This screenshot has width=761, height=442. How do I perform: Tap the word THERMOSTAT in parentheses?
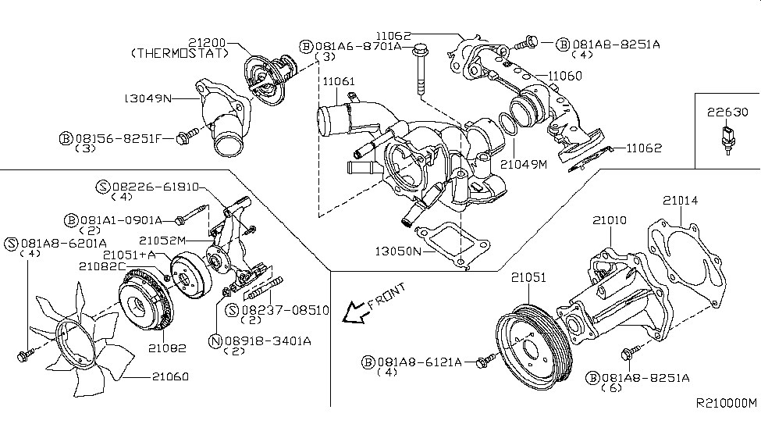pyautogui.click(x=180, y=53)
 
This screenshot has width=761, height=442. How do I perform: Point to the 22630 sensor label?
pyautogui.click(x=726, y=112)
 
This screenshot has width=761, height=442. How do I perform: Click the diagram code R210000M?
pyautogui.click(x=726, y=404)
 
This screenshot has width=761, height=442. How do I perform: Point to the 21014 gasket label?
pyautogui.click(x=681, y=201)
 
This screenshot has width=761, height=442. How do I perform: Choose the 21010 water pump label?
pyautogui.click(x=609, y=222)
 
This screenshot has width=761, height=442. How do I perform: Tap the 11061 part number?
pyautogui.click(x=339, y=80)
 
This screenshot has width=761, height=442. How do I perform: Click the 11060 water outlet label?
pyautogui.click(x=564, y=76)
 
